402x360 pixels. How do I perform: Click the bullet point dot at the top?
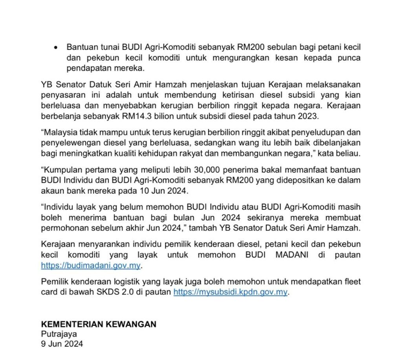pyautogui.click(x=57, y=47)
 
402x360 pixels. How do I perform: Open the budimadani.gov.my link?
pyautogui.click(x=91, y=265)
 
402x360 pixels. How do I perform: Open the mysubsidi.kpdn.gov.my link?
pyautogui.click(x=230, y=292)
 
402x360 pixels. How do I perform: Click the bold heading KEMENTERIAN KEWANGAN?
pyautogui.click(x=99, y=324)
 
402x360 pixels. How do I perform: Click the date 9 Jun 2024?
pyautogui.click(x=62, y=344)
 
